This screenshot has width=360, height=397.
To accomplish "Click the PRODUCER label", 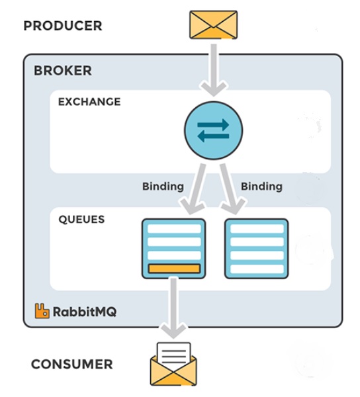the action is pos(63,26).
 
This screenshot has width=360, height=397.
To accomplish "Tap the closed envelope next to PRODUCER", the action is pos(213,24).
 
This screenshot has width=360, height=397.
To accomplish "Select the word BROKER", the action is pos(63,70).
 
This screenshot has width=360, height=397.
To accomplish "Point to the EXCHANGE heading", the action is pos(89,102).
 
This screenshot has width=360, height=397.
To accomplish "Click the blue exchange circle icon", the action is pos(213,130).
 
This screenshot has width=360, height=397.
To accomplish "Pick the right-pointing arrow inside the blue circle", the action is pos(213,124).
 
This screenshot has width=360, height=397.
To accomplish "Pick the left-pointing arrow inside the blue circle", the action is pos(213,136).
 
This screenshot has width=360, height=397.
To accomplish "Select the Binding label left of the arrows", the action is pos(163,187).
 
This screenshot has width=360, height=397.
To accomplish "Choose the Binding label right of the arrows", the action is pos(261,187).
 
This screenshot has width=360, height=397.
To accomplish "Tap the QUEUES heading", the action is pos(81,219).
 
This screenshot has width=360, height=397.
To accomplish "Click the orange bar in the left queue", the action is pos(174,269).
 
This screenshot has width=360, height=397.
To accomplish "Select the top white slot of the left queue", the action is pos(174,229).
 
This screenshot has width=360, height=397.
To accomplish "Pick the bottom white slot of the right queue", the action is pos(257,269).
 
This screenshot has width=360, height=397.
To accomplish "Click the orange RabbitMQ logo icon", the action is pos(42,311).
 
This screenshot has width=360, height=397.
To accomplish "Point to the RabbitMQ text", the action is pos(85,312).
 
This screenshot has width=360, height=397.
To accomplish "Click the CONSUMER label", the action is pos(72,365).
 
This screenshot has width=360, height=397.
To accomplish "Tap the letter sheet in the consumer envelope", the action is pos(173,353).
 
